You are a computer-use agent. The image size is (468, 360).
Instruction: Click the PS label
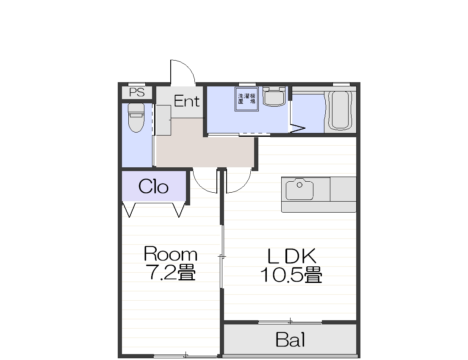point(137,92)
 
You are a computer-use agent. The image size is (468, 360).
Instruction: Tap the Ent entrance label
point(187,101)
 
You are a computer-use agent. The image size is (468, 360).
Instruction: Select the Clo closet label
point(153,187)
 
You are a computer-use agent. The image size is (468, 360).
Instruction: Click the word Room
point(170,254)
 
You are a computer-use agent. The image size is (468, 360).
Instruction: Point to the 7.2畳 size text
point(170,272)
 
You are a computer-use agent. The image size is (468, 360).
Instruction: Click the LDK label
point(292,256)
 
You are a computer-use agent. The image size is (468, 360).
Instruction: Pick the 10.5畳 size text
point(291,275)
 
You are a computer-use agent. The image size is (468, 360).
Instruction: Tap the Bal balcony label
point(291,340)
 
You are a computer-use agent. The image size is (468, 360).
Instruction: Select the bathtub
point(340,110)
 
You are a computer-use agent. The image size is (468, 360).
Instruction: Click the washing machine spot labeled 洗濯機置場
point(246,99)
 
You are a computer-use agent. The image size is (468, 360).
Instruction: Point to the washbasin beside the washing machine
point(274,97)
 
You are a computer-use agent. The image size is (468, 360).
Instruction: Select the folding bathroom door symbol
point(298,127)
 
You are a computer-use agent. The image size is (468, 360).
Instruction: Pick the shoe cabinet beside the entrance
point(163,120)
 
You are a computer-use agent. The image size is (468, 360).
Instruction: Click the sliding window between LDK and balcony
point(291,322)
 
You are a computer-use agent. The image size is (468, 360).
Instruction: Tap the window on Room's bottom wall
point(186,356)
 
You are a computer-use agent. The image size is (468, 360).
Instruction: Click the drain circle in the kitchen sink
point(299,185)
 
